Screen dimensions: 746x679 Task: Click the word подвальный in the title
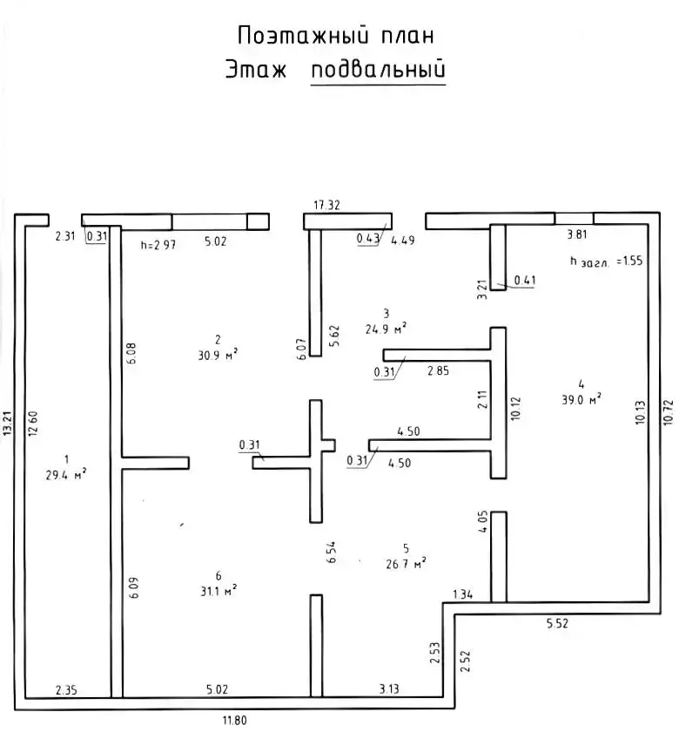378,70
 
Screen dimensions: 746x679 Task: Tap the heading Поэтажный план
335,35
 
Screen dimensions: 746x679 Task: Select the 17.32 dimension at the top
326,206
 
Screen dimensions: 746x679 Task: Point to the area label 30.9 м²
218,353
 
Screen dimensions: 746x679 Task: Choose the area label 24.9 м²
387,329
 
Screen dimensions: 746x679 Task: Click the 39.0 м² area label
581,398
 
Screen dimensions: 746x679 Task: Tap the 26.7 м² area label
406,563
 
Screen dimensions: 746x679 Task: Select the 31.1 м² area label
218,590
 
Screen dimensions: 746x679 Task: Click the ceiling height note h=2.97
158,245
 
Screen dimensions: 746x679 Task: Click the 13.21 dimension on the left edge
8,424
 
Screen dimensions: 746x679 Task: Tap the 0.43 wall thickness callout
366,238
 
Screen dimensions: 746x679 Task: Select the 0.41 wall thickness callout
525,280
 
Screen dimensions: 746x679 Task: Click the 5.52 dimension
557,624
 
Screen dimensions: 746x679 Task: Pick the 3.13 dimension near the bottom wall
387,689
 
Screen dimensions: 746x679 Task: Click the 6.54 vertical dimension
331,553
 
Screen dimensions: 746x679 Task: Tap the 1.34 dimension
462,594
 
